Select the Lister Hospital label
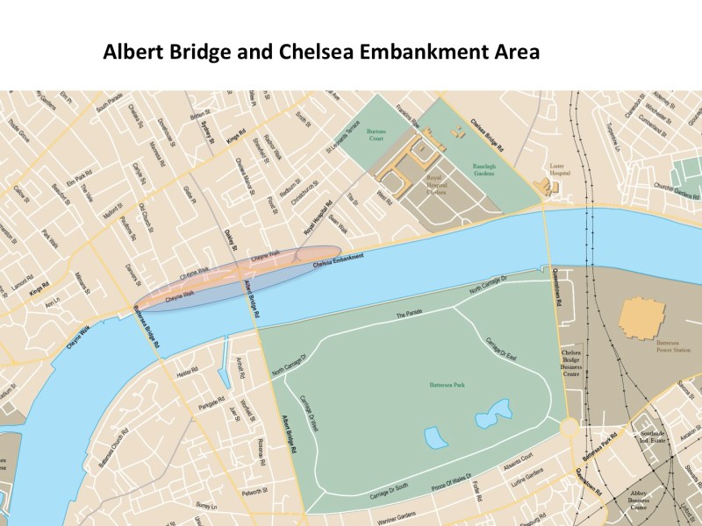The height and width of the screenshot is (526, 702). click(x=560, y=167)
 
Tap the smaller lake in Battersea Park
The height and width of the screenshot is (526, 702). click(x=434, y=437)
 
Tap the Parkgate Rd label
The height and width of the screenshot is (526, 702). click(x=207, y=407)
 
